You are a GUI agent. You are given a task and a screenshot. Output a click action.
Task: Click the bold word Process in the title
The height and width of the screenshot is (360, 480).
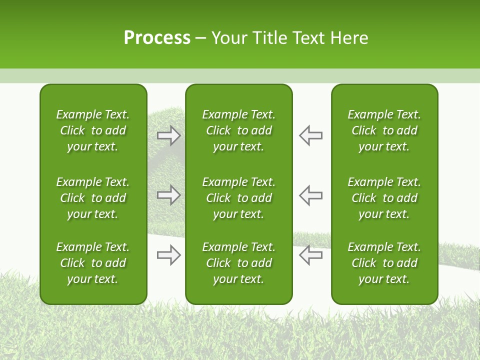coord(157,38)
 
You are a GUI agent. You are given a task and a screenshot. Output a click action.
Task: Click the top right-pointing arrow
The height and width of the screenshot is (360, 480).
coord(169,135)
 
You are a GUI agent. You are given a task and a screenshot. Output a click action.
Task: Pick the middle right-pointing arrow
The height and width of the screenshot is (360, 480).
coord(169,195)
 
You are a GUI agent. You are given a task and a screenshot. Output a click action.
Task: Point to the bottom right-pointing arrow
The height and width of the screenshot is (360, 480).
coord(169,255)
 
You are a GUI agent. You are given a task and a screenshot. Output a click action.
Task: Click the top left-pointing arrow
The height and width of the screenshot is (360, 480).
coord(310,135)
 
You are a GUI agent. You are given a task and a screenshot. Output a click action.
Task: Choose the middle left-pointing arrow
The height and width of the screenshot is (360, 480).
coord(310,195)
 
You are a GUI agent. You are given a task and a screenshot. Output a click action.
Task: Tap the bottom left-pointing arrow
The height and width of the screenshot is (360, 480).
coord(310,255)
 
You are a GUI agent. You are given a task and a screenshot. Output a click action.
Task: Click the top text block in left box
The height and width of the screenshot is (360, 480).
coord(93,130)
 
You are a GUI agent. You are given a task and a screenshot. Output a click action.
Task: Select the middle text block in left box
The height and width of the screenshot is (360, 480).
coord(93,198)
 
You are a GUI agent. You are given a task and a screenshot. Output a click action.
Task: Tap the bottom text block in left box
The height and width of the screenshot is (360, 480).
coord(93,263)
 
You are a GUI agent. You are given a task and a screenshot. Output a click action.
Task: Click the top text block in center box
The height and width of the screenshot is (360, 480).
coord(238,130)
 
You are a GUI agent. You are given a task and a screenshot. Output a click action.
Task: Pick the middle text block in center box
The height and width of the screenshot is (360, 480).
coord(238,198)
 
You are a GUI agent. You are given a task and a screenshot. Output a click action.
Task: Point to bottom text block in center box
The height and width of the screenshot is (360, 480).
coord(238,263)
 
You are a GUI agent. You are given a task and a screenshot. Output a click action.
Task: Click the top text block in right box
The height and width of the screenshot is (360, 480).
coord(384,130)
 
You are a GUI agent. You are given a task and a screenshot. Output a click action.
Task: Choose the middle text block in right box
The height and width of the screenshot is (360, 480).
coord(384,198)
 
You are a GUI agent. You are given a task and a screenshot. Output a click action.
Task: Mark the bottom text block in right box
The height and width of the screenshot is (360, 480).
coord(384,263)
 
